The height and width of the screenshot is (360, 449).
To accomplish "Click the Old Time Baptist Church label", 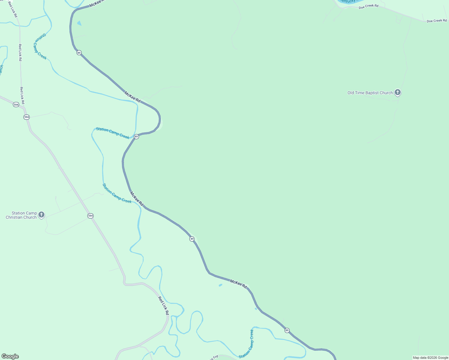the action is [x=370, y=93].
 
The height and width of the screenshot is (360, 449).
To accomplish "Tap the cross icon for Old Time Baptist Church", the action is [x=398, y=92].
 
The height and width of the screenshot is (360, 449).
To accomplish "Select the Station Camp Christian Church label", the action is [x=21, y=215].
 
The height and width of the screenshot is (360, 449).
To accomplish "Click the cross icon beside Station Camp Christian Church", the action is [x=41, y=214].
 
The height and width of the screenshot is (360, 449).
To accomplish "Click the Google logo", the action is [x=10, y=356].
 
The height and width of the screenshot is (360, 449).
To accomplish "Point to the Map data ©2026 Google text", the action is [x=430, y=358].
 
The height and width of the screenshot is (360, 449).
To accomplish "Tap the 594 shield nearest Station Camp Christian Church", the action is [x=90, y=216].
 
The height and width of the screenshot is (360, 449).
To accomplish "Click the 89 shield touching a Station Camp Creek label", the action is [x=136, y=136].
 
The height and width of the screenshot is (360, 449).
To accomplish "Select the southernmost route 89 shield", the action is [x=287, y=330].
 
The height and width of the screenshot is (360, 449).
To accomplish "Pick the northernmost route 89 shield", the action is [x=79, y=52].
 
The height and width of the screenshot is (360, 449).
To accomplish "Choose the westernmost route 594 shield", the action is [x=16, y=105].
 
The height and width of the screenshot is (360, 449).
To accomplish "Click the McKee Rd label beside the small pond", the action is [x=238, y=284].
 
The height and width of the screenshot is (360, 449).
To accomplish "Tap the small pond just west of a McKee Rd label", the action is [x=221, y=285].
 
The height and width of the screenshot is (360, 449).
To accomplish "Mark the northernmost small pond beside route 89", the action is [x=79, y=23].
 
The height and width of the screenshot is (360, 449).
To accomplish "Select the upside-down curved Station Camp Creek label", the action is [x=40, y=46].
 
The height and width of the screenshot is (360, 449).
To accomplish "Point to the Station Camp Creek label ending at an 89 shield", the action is [x=113, y=133].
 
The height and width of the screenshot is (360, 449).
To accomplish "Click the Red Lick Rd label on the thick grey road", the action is [x=164, y=305].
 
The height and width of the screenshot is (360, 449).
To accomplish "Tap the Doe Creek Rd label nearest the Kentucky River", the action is [x=368, y=6].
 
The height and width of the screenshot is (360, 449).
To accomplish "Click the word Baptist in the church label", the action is [x=371, y=93].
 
